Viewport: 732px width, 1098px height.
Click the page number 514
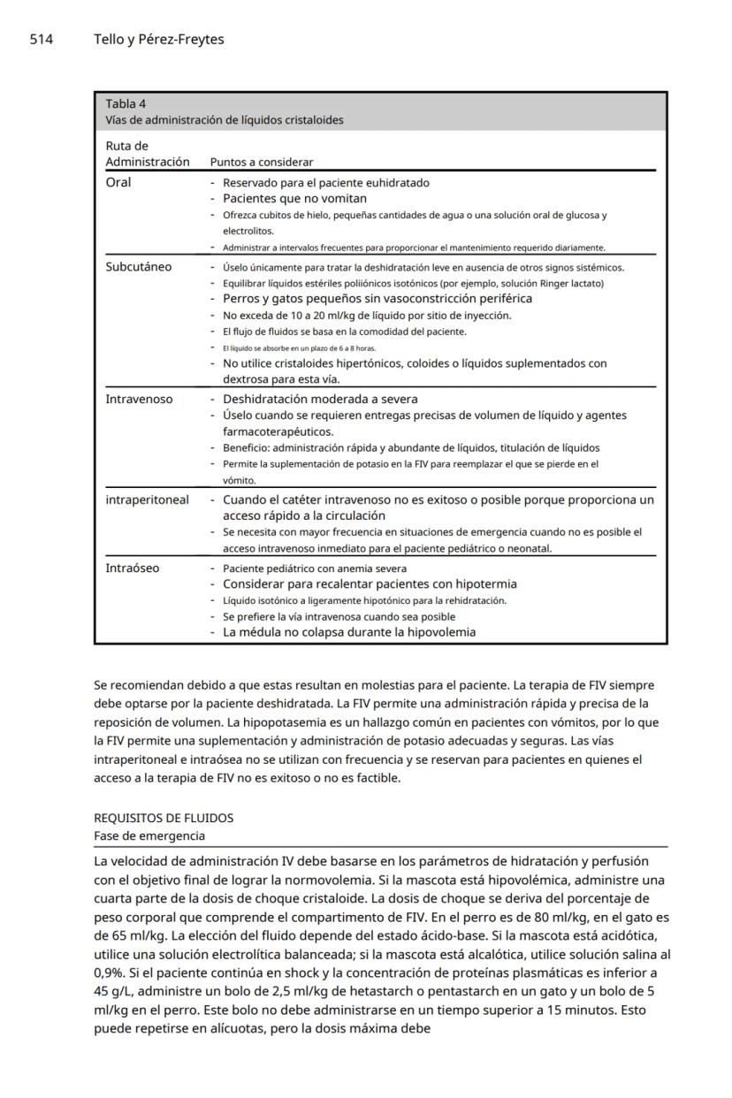[x=42, y=39]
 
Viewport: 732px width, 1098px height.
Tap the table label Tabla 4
[x=126, y=103]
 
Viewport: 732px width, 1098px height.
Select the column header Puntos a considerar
[x=261, y=162]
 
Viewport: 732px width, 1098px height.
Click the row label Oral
[x=118, y=182]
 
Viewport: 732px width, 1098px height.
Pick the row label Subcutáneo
[x=139, y=266]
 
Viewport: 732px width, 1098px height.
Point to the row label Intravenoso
[x=139, y=399]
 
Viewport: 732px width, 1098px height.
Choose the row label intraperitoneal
[x=147, y=499]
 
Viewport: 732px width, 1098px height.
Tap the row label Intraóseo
[x=133, y=568]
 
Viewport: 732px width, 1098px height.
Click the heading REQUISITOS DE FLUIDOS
[x=164, y=818]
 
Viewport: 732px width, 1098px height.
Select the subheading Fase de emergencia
[x=149, y=835]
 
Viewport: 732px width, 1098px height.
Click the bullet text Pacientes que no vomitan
[x=294, y=199]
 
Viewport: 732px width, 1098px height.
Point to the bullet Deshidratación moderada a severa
[x=320, y=399]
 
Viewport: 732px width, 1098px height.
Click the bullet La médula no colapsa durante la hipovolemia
[x=348, y=632]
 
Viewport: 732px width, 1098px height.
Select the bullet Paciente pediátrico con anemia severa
[x=315, y=568]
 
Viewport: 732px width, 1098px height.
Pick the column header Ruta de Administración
[x=147, y=154]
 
